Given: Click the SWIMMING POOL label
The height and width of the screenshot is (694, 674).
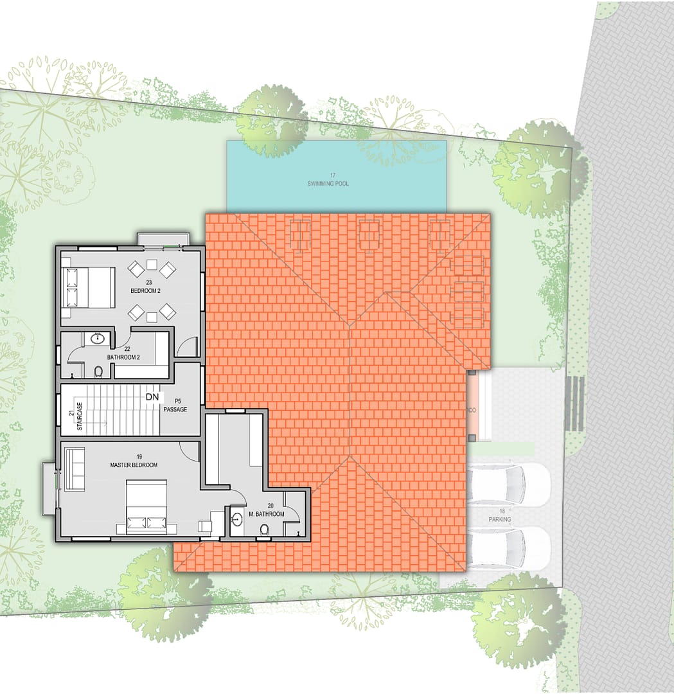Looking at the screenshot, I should tap(333, 184).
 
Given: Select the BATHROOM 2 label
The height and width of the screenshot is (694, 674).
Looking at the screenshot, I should tap(123, 357).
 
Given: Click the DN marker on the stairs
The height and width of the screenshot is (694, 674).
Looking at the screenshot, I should tap(152, 397).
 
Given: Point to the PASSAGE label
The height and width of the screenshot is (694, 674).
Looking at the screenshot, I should tap(175, 409).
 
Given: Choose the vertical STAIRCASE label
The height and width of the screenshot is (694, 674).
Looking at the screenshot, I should tap(80, 416).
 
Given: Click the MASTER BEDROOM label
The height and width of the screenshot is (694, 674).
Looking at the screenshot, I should tap(134, 465).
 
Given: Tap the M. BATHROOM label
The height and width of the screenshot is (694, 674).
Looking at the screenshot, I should tap(265, 514).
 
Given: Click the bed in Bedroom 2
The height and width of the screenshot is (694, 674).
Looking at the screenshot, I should tap(89, 287).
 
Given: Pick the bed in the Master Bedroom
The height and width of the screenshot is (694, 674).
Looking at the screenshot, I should tap(146, 507).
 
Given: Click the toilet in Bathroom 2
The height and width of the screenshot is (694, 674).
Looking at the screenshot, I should tap(98, 371).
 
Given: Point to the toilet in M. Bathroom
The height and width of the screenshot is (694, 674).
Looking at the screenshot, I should tap(264, 529).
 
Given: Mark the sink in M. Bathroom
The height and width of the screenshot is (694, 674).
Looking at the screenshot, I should tap(236, 519).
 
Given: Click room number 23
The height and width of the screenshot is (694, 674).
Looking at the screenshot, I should tap(148, 283).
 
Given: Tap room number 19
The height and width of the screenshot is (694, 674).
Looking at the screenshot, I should tap(139, 457).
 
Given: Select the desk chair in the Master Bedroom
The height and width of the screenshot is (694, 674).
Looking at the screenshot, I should tap(206, 526).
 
